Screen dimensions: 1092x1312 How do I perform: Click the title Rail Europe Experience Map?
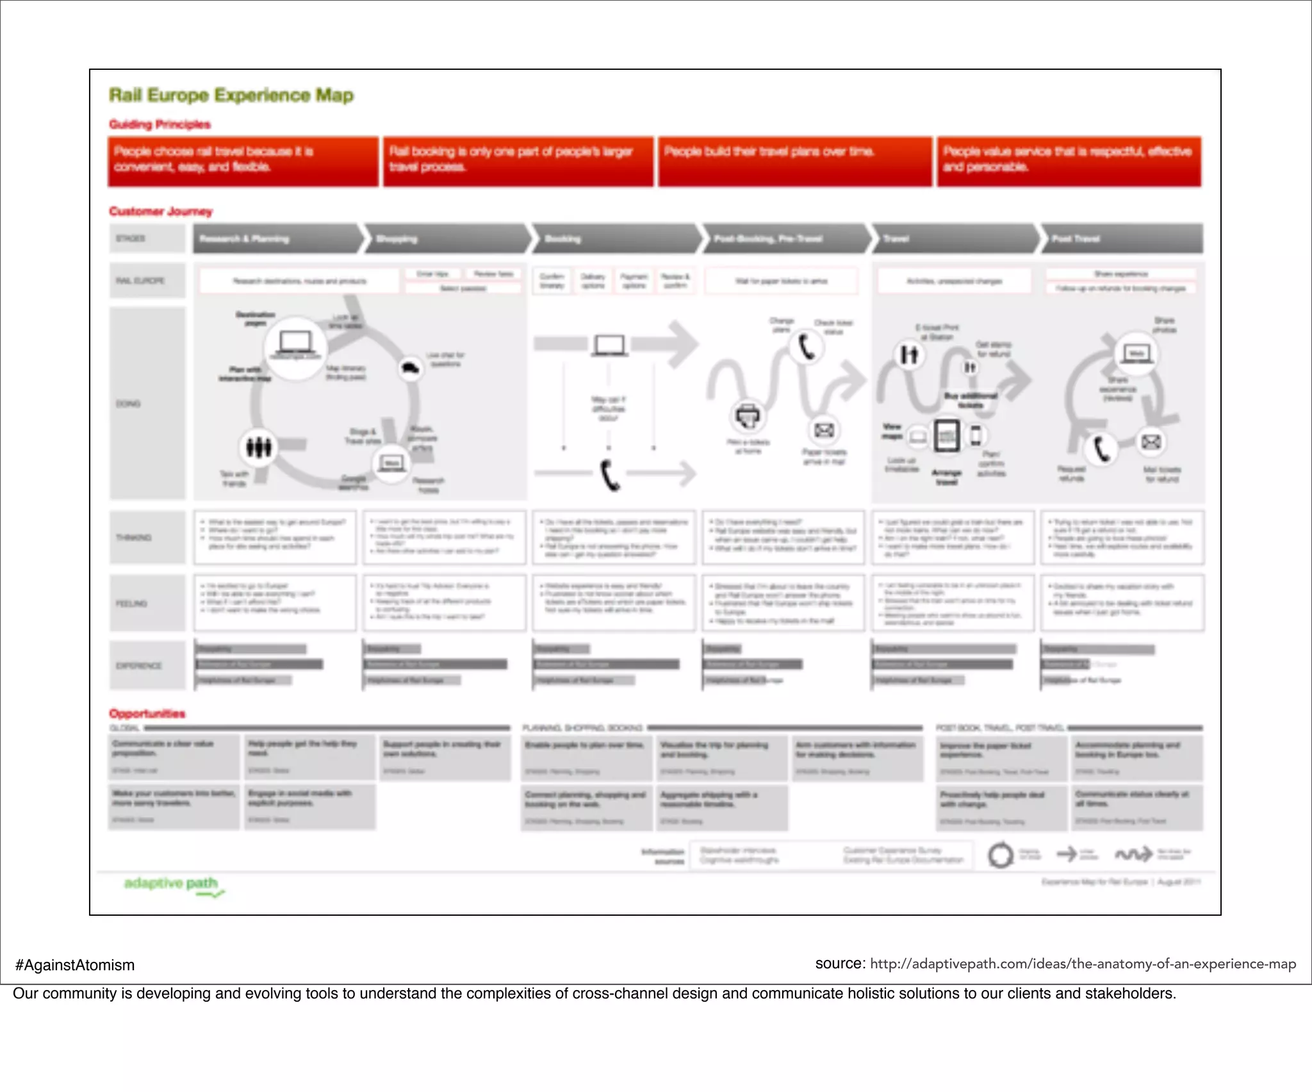231,95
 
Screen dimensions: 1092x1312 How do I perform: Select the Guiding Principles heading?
160,124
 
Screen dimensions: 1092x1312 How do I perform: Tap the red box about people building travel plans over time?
794,161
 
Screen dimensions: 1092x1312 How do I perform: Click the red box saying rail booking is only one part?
518,161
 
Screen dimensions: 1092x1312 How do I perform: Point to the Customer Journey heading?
160,211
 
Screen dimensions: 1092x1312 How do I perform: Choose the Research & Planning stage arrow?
275,239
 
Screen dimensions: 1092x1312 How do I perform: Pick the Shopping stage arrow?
445,239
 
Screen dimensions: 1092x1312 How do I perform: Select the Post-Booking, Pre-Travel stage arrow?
785,239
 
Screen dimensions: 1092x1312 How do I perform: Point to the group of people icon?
259,447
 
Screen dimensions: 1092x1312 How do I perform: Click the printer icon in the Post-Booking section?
748,417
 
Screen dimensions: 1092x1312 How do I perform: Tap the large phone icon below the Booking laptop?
609,475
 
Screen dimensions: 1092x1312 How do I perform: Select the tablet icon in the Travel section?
947,436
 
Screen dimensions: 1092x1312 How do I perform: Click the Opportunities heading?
147,714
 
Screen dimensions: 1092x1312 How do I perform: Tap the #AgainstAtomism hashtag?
75,965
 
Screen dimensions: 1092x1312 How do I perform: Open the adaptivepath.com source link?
1083,964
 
